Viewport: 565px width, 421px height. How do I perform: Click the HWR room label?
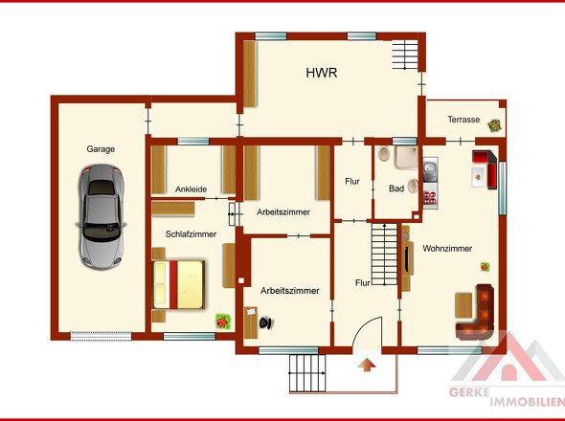(x=322, y=73)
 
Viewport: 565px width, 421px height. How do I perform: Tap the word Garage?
(x=101, y=149)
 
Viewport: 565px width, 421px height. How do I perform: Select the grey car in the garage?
(x=102, y=217)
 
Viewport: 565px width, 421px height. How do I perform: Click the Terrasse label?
(x=463, y=120)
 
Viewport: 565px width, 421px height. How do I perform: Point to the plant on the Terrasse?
(x=494, y=125)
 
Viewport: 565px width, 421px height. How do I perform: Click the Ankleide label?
(x=191, y=189)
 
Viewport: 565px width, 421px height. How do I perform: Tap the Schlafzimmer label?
(x=191, y=234)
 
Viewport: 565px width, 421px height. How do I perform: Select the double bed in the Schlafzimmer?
(x=178, y=285)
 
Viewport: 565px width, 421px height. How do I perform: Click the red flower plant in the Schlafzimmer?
(x=223, y=321)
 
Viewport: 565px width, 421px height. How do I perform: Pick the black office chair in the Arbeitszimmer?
(x=266, y=322)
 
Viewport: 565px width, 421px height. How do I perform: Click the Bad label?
(x=396, y=188)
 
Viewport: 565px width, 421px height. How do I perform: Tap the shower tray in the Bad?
(x=406, y=157)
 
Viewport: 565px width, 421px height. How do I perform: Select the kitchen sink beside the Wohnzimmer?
(x=430, y=169)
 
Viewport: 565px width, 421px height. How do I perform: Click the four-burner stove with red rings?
(x=430, y=198)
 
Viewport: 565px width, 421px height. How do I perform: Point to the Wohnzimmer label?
(x=447, y=248)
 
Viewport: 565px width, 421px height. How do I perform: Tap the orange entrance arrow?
(x=367, y=365)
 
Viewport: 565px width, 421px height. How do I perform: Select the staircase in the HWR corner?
(x=405, y=55)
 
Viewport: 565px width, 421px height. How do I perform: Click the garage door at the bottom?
(x=101, y=336)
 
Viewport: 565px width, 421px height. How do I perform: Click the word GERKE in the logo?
(x=469, y=392)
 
